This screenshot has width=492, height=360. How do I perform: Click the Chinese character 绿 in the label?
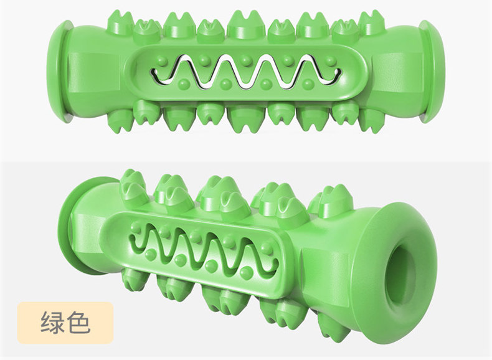click(x=52, y=322)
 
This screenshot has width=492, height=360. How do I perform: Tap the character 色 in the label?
click(x=78, y=322)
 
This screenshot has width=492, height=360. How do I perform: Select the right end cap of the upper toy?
click(x=433, y=71)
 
